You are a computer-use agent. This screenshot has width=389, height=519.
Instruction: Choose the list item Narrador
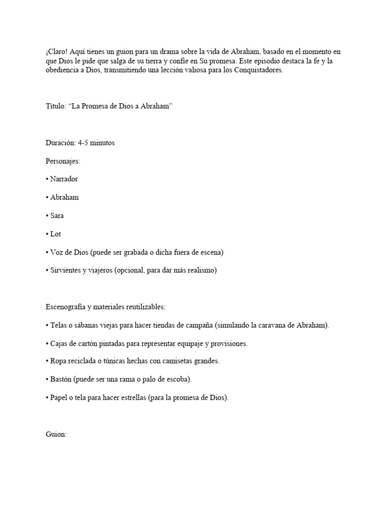[x=64, y=179]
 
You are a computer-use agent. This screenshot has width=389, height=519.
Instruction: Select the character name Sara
[x=57, y=215]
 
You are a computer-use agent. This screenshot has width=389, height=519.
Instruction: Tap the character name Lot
[x=55, y=234]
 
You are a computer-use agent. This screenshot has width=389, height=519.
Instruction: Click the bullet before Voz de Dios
[x=47, y=252]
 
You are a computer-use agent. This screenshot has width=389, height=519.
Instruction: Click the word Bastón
[x=61, y=380]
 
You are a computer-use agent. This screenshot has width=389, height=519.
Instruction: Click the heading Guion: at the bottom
[x=56, y=434]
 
